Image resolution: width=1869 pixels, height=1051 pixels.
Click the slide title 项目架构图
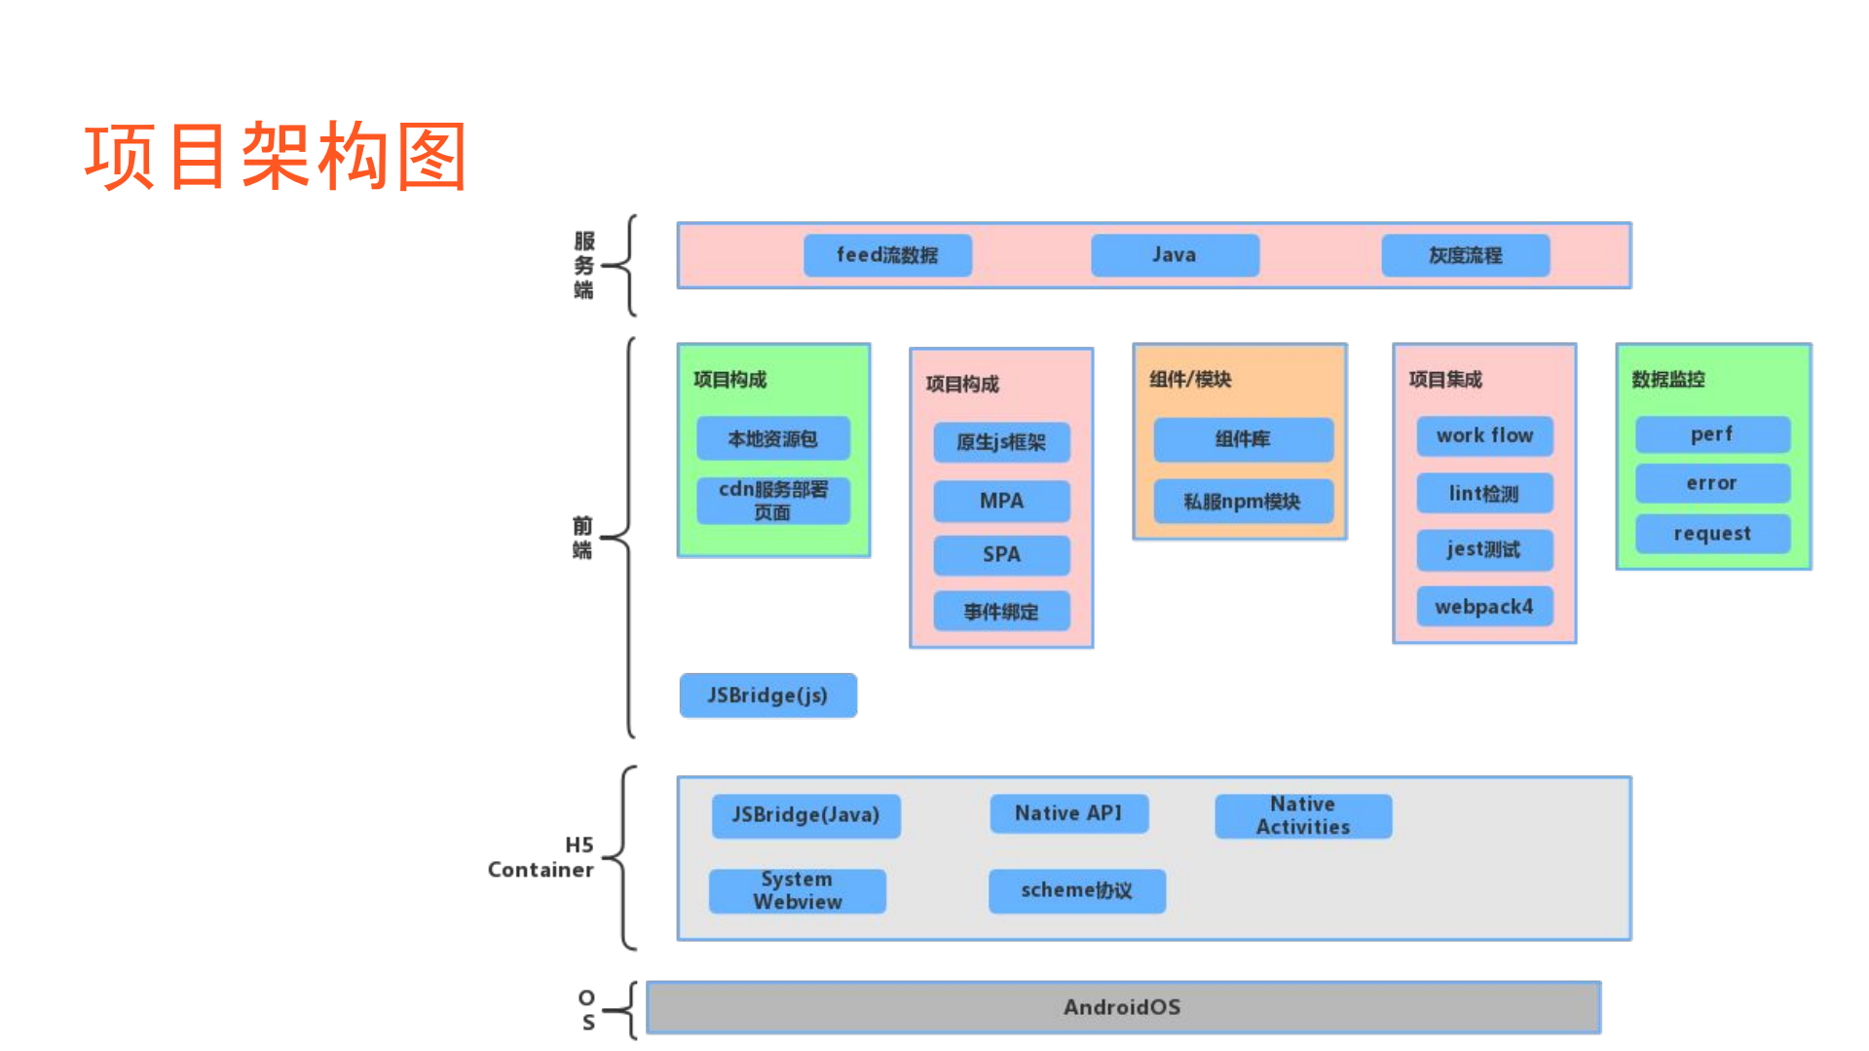click(x=276, y=156)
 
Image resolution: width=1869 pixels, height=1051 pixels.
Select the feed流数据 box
click(x=887, y=255)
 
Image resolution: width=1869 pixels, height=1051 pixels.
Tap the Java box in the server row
click(x=1175, y=255)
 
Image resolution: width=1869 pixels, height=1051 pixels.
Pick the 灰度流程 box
click(x=1465, y=255)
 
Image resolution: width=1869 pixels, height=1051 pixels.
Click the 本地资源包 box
click(x=773, y=439)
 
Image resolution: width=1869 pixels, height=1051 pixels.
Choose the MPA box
click(x=1001, y=501)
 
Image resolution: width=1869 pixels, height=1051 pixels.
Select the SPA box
click(x=1001, y=554)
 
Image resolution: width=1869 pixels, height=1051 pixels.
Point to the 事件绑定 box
click(x=1001, y=612)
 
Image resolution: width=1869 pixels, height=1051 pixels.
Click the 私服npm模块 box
click(x=1243, y=502)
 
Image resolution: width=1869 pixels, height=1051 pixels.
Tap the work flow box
click(x=1484, y=435)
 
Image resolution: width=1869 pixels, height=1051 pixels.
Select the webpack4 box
click(x=1484, y=607)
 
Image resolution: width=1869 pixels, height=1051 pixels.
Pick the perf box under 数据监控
click(x=1712, y=434)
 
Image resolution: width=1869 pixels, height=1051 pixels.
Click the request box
click(x=1712, y=534)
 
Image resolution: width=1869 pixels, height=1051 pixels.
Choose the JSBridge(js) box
click(x=767, y=695)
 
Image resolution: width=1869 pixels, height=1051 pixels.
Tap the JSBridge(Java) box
click(x=805, y=815)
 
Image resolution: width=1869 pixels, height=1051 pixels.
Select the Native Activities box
click(x=1303, y=815)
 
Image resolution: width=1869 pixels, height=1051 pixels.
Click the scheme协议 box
click(x=1076, y=890)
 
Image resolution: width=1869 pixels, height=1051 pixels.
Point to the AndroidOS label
click(x=1122, y=1007)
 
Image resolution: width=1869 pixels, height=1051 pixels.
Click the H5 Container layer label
click(x=542, y=857)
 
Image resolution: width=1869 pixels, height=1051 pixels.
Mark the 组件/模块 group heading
click(x=1190, y=380)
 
